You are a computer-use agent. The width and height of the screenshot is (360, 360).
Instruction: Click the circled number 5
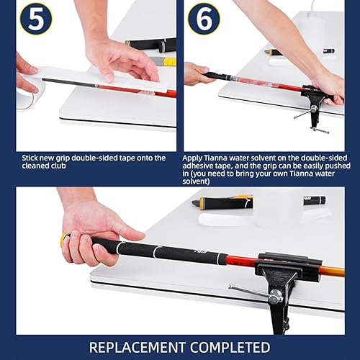[x=35, y=19]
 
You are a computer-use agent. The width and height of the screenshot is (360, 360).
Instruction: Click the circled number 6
[x=204, y=19]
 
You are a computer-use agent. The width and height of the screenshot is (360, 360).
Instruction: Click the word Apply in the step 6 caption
[x=195, y=158]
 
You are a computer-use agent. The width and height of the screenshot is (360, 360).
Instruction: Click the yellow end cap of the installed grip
[x=66, y=240]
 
